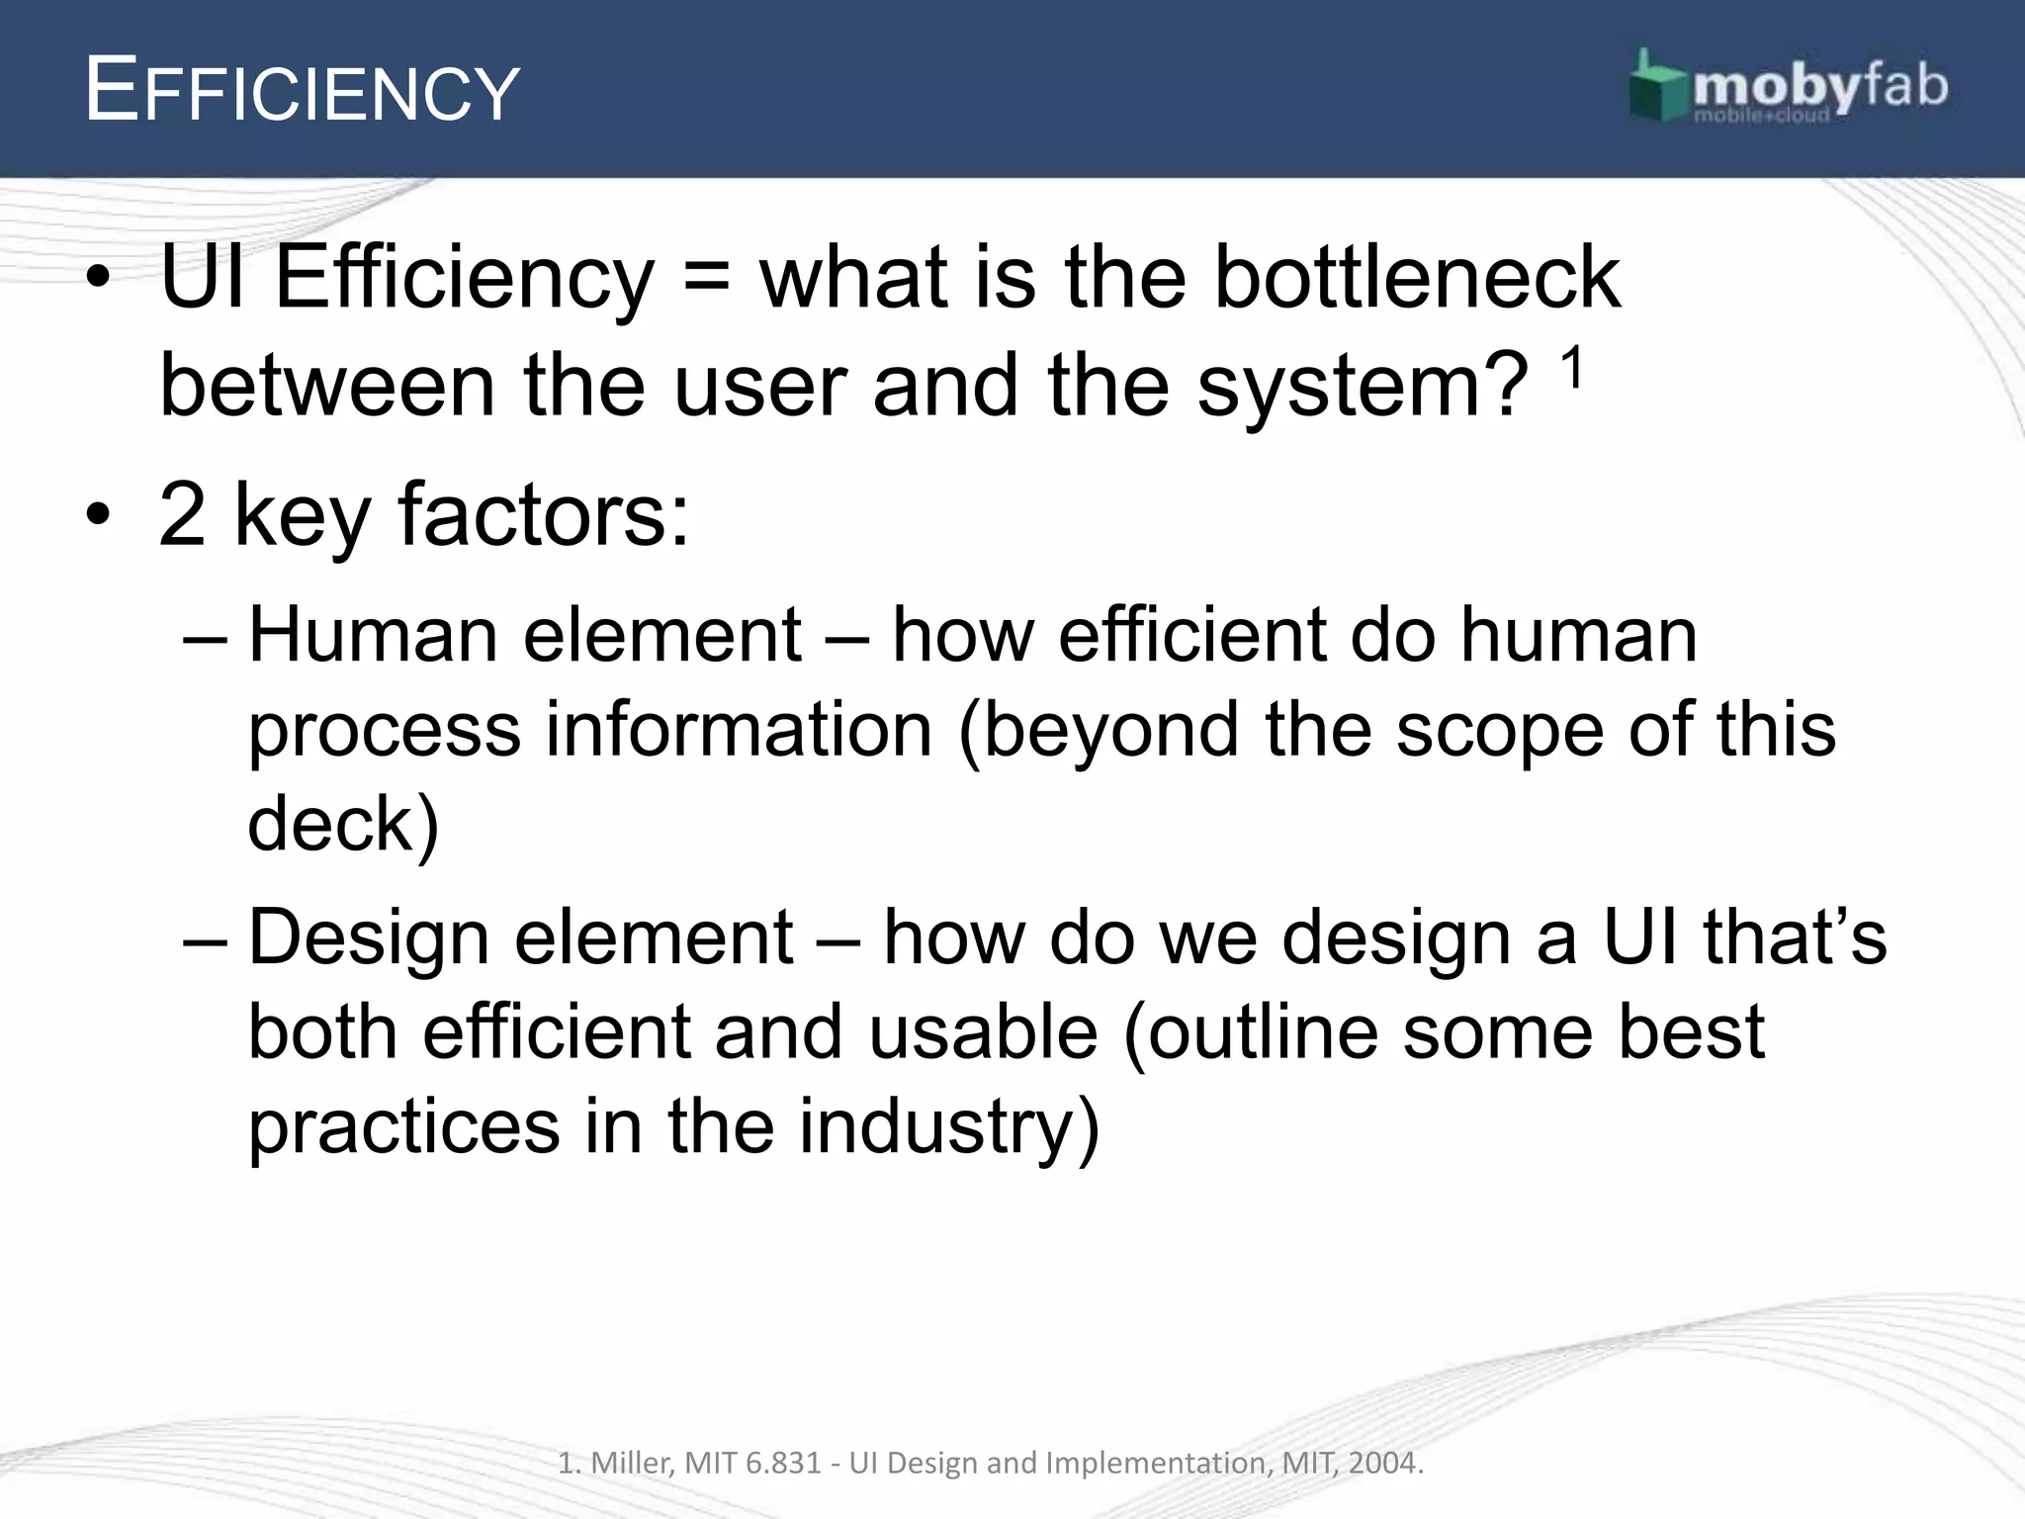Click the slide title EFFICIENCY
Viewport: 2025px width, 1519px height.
tap(302, 92)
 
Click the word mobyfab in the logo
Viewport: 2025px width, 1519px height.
tap(1819, 87)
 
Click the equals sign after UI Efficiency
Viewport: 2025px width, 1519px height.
tap(707, 280)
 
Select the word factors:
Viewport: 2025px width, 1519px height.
tap(543, 514)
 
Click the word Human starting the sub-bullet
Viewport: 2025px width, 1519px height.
tap(373, 635)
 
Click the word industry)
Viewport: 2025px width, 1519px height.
tap(948, 1127)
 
